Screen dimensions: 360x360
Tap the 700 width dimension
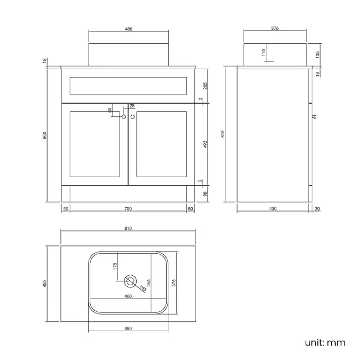click(x=127, y=208)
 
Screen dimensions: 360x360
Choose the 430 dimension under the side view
click(x=272, y=208)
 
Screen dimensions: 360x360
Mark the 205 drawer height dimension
click(x=205, y=85)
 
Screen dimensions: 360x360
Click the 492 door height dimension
click(x=205, y=143)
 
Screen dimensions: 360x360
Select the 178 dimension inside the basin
click(x=115, y=266)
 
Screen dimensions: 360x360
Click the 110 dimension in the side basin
click(x=264, y=53)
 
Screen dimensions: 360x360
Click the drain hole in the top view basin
click(x=131, y=281)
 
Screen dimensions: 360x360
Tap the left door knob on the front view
click(x=124, y=117)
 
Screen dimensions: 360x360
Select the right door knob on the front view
click(x=133, y=117)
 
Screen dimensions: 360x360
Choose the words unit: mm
click(x=325, y=342)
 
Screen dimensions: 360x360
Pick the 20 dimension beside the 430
click(x=317, y=208)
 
